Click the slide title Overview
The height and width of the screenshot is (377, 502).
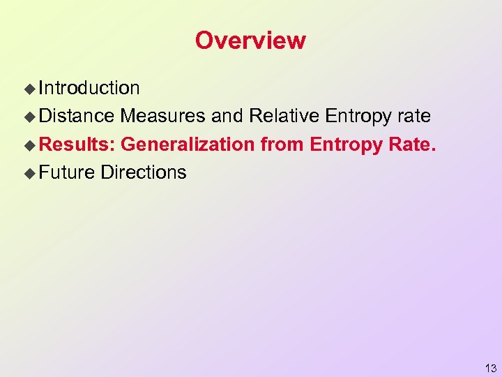[250, 40]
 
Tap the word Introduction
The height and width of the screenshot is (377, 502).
[89, 88]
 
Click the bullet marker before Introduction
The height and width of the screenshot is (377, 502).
[29, 89]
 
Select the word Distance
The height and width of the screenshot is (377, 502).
[76, 116]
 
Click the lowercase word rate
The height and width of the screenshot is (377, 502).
[415, 117]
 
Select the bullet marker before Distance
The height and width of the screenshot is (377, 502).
[29, 117]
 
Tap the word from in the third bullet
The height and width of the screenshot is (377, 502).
[282, 145]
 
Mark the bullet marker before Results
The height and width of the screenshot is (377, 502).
[29, 145]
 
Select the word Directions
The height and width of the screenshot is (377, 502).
[144, 172]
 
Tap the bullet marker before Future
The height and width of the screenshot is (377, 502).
[29, 172]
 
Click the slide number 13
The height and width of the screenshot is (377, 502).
[491, 369]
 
